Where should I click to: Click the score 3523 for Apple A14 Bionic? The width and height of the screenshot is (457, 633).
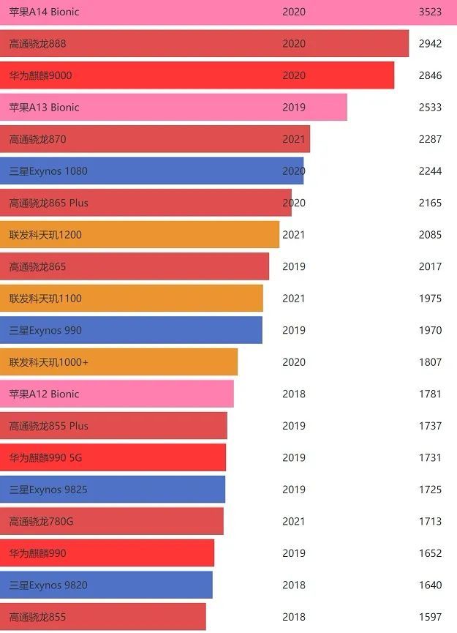430,12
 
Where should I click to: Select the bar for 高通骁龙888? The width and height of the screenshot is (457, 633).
204,44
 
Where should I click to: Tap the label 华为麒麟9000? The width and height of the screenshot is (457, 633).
40,75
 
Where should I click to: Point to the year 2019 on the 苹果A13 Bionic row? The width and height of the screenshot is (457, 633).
294,108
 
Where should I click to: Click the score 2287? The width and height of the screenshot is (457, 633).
430,139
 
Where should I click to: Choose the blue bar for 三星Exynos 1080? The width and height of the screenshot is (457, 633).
151,171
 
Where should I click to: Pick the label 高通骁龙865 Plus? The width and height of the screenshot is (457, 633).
48,203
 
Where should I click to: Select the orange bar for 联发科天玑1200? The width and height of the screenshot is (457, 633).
139,235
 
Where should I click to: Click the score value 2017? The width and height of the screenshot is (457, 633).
430,266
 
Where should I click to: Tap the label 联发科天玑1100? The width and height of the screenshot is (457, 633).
45,299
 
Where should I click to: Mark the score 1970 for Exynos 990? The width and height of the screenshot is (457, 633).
430,330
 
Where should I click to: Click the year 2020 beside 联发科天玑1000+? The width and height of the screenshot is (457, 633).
294,362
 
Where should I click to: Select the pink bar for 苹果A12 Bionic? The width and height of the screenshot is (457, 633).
117,394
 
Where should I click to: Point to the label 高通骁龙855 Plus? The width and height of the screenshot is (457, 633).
48,426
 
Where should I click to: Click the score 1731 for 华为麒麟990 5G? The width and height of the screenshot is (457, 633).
430,457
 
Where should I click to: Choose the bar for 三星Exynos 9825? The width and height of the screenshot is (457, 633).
113,490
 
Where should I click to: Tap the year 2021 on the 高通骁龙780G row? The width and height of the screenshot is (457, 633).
294,521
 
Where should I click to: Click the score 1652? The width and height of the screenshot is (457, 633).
430,553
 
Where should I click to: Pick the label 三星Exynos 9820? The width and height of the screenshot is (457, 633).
48,585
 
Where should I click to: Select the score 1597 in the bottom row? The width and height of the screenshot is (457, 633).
430,617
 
